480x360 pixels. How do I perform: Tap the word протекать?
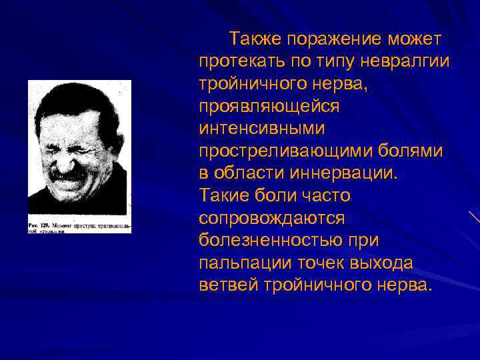[x=241, y=61]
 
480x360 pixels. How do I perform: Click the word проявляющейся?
[x=269, y=106]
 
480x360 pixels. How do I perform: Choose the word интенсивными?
[x=261, y=128]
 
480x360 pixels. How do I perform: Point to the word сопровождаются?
[x=271, y=219]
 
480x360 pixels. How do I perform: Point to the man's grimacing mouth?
[x=74, y=175]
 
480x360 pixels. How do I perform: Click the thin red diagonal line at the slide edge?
[x=474, y=217]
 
